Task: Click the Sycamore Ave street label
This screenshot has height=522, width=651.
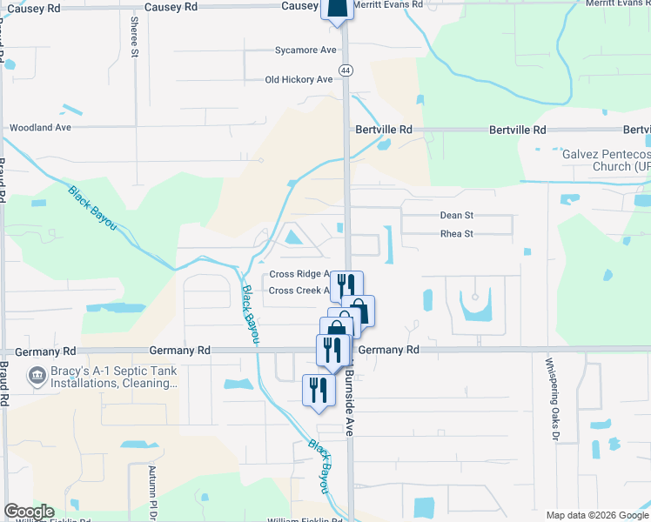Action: click(x=305, y=50)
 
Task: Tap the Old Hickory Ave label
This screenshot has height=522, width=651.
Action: click(x=299, y=80)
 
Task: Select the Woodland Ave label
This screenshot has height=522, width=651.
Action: click(x=39, y=127)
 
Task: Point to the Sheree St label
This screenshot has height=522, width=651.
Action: click(x=135, y=36)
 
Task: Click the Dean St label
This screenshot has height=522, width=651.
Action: click(x=456, y=216)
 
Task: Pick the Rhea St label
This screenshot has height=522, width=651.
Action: click(x=456, y=234)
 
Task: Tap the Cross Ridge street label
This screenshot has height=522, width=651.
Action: click(x=299, y=273)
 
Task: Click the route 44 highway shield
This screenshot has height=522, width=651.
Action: click(x=346, y=70)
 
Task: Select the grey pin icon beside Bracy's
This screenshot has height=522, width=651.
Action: click(x=37, y=377)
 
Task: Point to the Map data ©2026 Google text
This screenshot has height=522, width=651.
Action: click(x=596, y=515)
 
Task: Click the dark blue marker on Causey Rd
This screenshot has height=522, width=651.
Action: click(x=338, y=8)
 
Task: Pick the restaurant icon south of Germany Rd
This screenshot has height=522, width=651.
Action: click(x=318, y=389)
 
